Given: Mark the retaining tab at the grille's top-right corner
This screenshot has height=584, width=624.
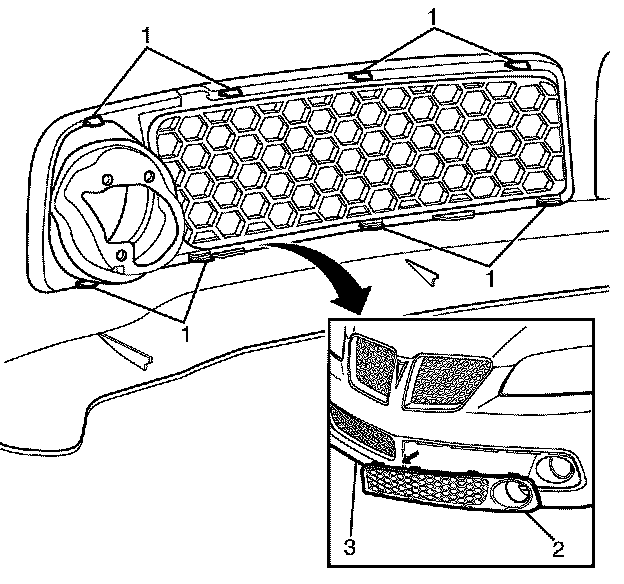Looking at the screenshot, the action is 517,64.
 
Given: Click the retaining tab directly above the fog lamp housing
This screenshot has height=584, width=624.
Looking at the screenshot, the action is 93,121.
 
